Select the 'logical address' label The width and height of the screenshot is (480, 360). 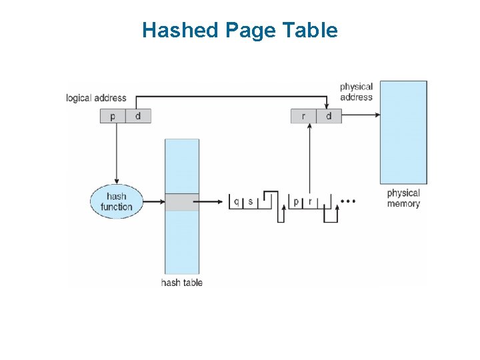tap(96, 98)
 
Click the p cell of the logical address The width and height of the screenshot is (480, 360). tap(113, 116)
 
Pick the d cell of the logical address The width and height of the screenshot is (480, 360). tap(138, 116)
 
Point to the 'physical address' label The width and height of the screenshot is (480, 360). tap(356, 92)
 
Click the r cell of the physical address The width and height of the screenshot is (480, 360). tap(303, 116)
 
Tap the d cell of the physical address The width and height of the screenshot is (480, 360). tap(329, 116)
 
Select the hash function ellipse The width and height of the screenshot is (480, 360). tap(116, 201)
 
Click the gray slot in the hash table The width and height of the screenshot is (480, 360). tap(182, 202)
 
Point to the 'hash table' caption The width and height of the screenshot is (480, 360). tap(181, 283)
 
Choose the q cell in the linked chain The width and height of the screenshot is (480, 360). tap(237, 201)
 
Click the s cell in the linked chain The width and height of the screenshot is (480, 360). tap(251, 201)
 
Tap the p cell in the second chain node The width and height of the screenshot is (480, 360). tap(296, 201)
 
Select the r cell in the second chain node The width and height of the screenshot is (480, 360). tap(310, 201)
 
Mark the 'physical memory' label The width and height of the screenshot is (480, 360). tap(403, 198)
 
